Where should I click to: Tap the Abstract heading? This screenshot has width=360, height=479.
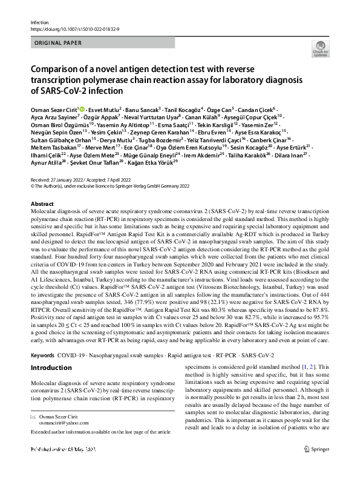[x=42, y=205]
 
